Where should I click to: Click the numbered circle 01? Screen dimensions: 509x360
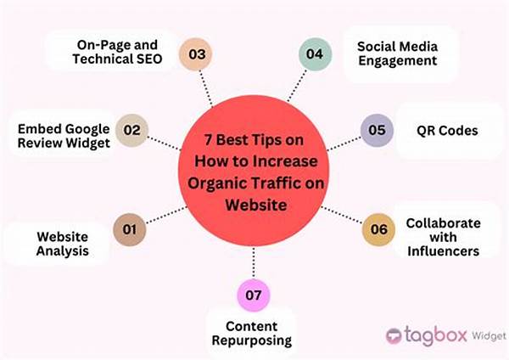pos(130,229)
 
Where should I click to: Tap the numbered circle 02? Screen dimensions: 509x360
pos(131,130)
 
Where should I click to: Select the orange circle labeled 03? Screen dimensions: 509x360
pos(196,54)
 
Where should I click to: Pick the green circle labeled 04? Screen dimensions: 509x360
pos(316,54)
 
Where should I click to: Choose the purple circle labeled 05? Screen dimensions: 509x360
pos(377,130)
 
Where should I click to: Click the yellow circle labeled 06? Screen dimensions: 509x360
pos(378,229)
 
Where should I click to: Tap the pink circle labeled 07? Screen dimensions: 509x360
pos(254,295)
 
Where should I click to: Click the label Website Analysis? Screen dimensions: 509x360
pos(62,244)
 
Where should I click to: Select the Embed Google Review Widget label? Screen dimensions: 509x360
pos(64,136)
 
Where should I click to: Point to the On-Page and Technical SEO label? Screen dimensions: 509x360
pos(117,52)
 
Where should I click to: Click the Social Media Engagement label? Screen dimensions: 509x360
pos(397,53)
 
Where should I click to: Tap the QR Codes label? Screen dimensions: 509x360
pos(447,131)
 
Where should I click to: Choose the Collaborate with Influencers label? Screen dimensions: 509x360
pos(443,237)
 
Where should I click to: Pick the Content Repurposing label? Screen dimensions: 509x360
pos(252,334)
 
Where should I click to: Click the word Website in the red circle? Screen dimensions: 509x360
pos(256,205)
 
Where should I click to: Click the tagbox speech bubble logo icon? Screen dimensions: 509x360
pos(394,336)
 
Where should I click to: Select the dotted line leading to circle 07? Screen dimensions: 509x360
pos(254,263)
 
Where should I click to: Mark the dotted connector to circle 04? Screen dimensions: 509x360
pos(297,86)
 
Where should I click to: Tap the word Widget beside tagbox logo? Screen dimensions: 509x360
pos(489,336)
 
